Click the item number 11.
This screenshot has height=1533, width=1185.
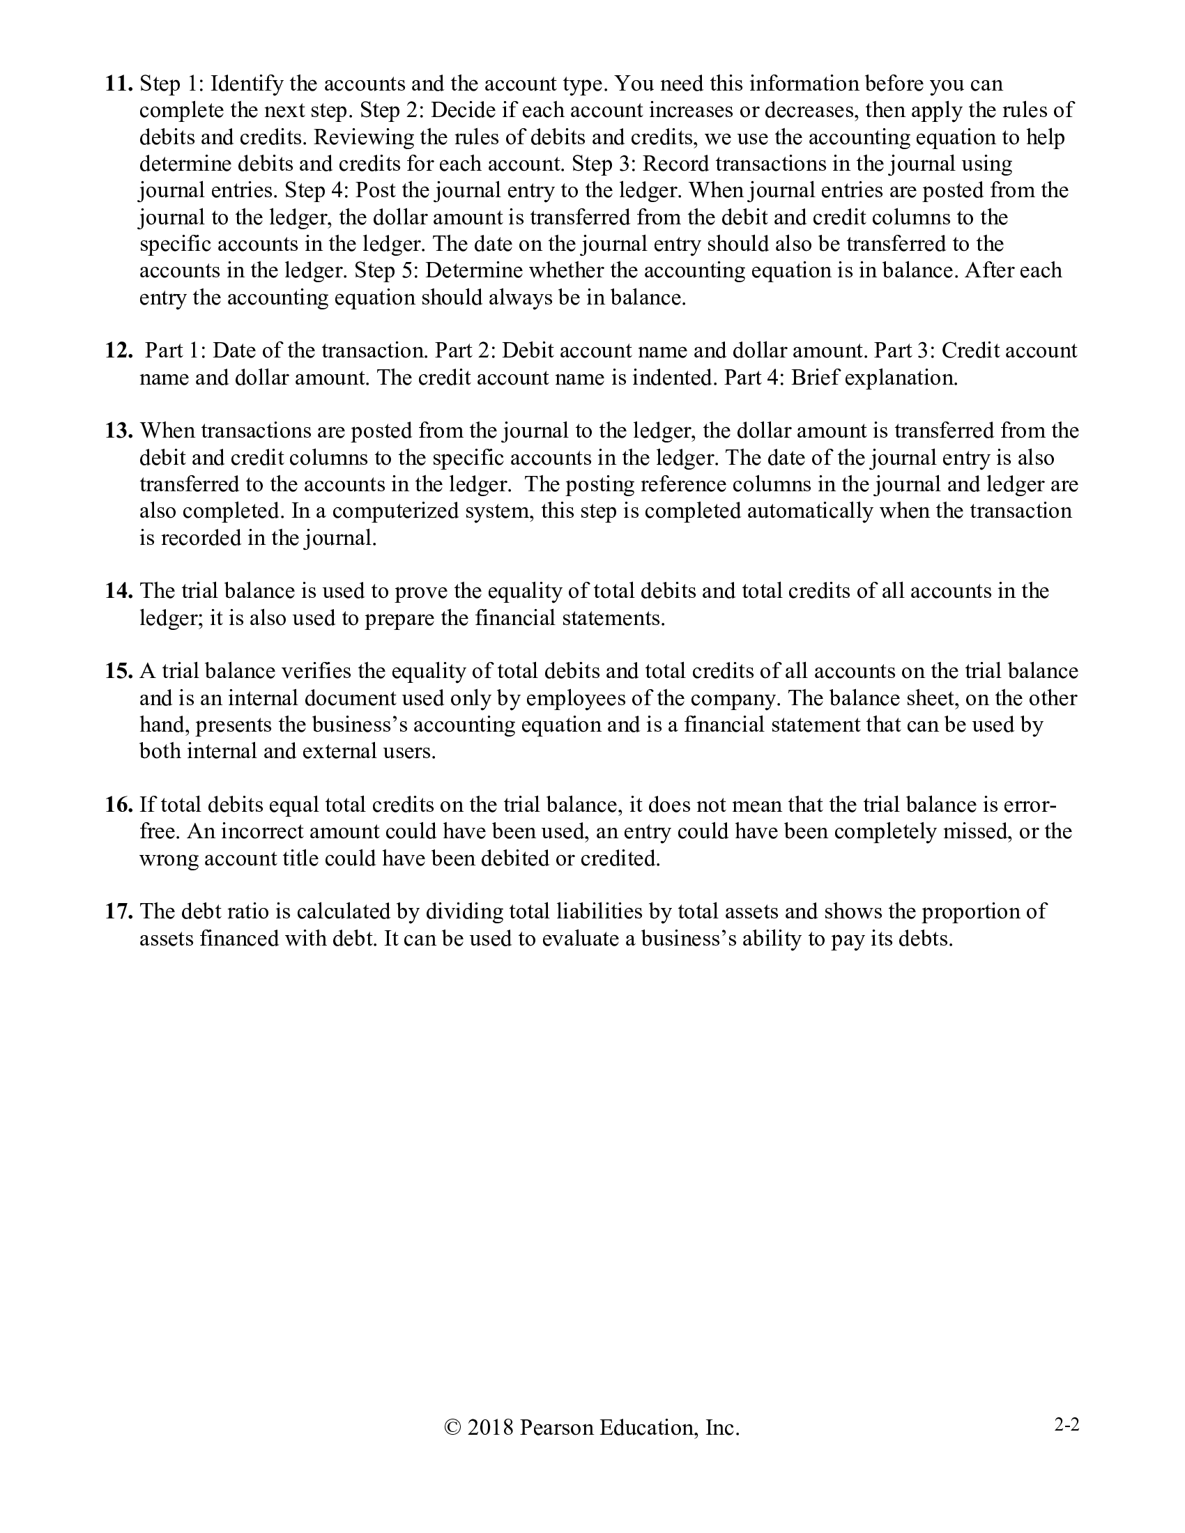pyautogui.click(x=118, y=84)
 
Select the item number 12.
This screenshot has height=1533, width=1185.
pyautogui.click(x=118, y=350)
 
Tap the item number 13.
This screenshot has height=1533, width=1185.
pyautogui.click(x=118, y=430)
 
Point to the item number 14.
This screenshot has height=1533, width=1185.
pyautogui.click(x=118, y=591)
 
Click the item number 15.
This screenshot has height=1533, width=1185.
pyautogui.click(x=118, y=672)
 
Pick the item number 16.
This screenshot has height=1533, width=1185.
pyautogui.click(x=118, y=805)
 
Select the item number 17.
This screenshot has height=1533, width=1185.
pyautogui.click(x=118, y=912)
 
